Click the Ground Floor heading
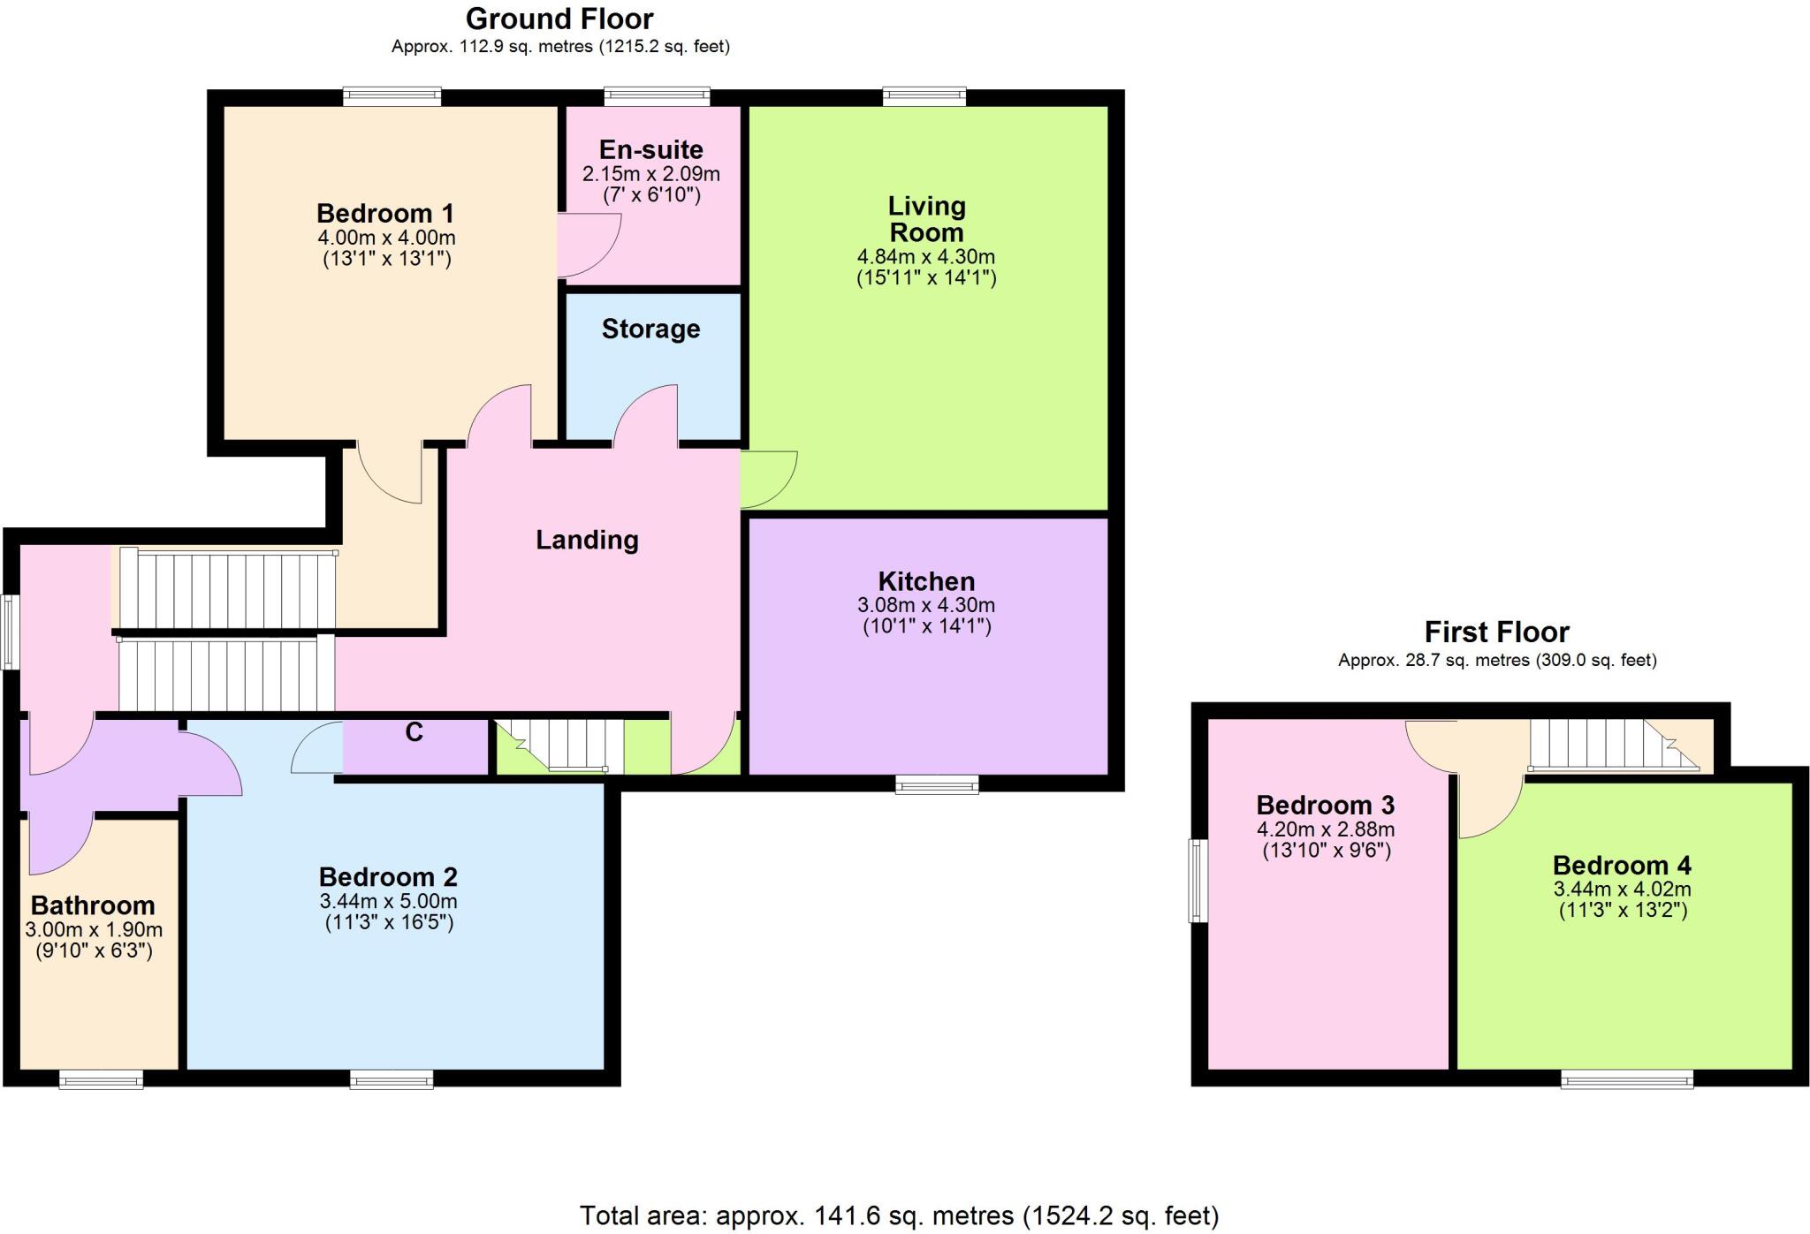[559, 19]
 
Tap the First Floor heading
[1496, 632]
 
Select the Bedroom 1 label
[385, 213]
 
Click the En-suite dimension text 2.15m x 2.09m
[650, 174]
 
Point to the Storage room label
[650, 329]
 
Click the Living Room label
[926, 219]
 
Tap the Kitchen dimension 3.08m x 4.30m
[926, 605]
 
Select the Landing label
[587, 540]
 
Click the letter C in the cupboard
[414, 731]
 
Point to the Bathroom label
[93, 905]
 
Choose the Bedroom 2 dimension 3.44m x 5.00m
[388, 902]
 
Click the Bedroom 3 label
[1325, 805]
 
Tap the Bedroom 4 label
[1622, 865]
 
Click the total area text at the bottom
[899, 1216]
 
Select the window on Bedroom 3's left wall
[1198, 881]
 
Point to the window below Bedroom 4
[1626, 1079]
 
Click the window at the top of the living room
[924, 96]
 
